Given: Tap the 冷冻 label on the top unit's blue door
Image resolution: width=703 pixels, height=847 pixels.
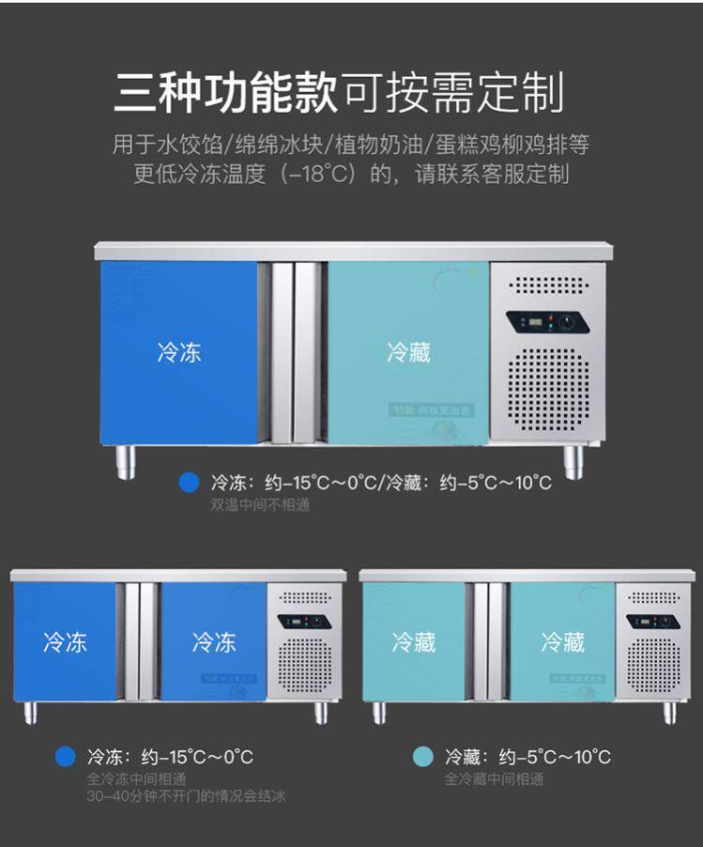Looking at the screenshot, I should (179, 352).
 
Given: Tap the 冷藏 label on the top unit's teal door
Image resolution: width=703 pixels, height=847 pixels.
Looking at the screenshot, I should (408, 352).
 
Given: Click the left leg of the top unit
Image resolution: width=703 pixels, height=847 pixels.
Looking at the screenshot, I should (126, 461).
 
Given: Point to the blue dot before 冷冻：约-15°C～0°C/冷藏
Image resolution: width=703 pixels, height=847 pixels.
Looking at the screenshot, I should (190, 483).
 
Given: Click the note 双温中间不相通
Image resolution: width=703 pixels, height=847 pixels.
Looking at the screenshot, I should (259, 505).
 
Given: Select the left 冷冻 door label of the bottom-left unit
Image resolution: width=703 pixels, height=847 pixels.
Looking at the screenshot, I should (65, 642).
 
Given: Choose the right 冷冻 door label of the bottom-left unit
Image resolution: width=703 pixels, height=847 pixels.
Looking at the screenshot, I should (214, 642).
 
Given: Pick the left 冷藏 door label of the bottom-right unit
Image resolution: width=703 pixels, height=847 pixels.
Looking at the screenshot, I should (414, 642).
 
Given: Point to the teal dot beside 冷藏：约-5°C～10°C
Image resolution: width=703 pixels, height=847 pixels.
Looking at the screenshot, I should (423, 757).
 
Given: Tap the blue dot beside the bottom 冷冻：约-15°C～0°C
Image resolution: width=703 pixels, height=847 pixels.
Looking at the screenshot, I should (65, 757).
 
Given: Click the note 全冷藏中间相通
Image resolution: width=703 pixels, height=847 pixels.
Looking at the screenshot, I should (494, 779).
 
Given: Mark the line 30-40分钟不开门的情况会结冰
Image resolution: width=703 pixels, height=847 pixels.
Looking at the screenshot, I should (185, 797).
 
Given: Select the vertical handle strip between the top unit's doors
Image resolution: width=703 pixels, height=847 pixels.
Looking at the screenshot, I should (292, 352).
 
